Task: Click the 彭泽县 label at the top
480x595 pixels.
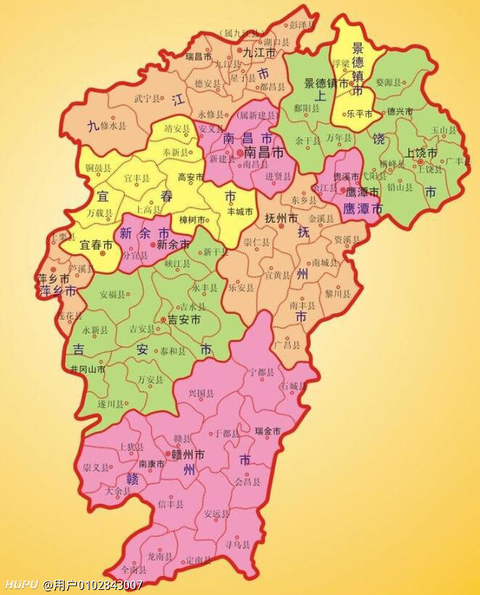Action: [x=302, y=25]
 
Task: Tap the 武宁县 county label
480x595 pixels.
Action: [x=146, y=98]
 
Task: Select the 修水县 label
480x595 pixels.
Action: [x=113, y=126]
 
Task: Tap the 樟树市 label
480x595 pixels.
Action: [x=193, y=219]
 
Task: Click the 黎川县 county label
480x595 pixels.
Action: [x=337, y=294]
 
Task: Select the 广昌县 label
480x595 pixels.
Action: [x=287, y=344]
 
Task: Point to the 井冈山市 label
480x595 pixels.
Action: [x=88, y=369]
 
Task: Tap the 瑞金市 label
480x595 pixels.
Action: [x=268, y=431]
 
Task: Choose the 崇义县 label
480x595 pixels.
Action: [x=96, y=467]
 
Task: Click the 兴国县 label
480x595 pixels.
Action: [x=201, y=393]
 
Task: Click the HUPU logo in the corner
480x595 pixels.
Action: [x=21, y=585]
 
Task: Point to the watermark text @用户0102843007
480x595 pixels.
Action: [x=93, y=585]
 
